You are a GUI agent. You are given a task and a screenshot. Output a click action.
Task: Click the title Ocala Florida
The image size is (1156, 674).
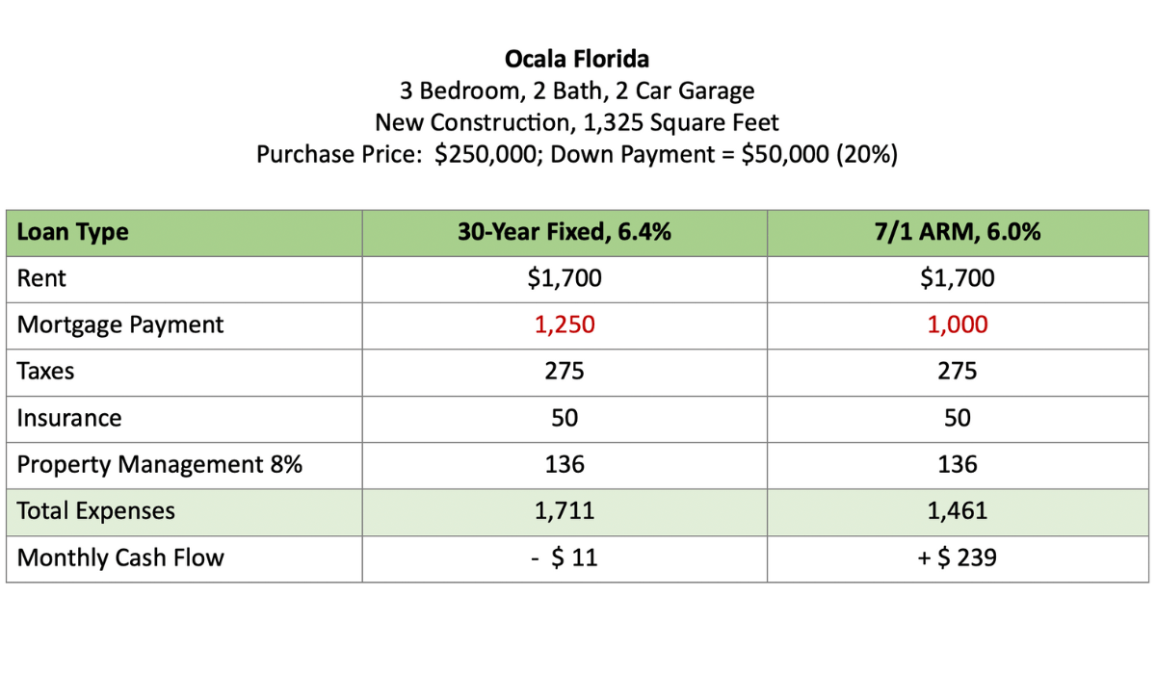tap(577, 59)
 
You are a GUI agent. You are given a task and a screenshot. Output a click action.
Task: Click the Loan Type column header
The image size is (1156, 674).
tap(72, 232)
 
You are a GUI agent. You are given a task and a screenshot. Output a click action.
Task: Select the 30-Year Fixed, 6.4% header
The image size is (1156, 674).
tap(565, 232)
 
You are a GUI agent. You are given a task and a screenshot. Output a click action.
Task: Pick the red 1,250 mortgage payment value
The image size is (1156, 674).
tap(565, 324)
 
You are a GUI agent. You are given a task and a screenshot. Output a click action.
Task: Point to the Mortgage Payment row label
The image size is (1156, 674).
tap(120, 324)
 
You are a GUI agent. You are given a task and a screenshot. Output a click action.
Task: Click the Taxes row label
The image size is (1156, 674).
tap(45, 372)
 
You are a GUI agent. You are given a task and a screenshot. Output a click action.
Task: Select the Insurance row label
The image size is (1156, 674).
tap(69, 418)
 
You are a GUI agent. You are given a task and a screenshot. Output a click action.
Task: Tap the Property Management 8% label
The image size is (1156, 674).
tap(160, 464)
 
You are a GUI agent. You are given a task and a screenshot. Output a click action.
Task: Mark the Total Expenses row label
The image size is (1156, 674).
tap(96, 510)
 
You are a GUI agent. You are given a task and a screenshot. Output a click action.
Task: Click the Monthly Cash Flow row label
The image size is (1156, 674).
tap(120, 557)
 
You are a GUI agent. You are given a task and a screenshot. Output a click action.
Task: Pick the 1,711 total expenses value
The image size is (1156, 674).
tap(565, 510)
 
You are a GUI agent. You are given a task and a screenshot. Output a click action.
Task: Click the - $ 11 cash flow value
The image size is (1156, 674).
tap(565, 557)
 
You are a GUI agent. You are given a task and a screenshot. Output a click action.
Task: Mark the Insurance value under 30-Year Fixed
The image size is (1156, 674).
tap(565, 418)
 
